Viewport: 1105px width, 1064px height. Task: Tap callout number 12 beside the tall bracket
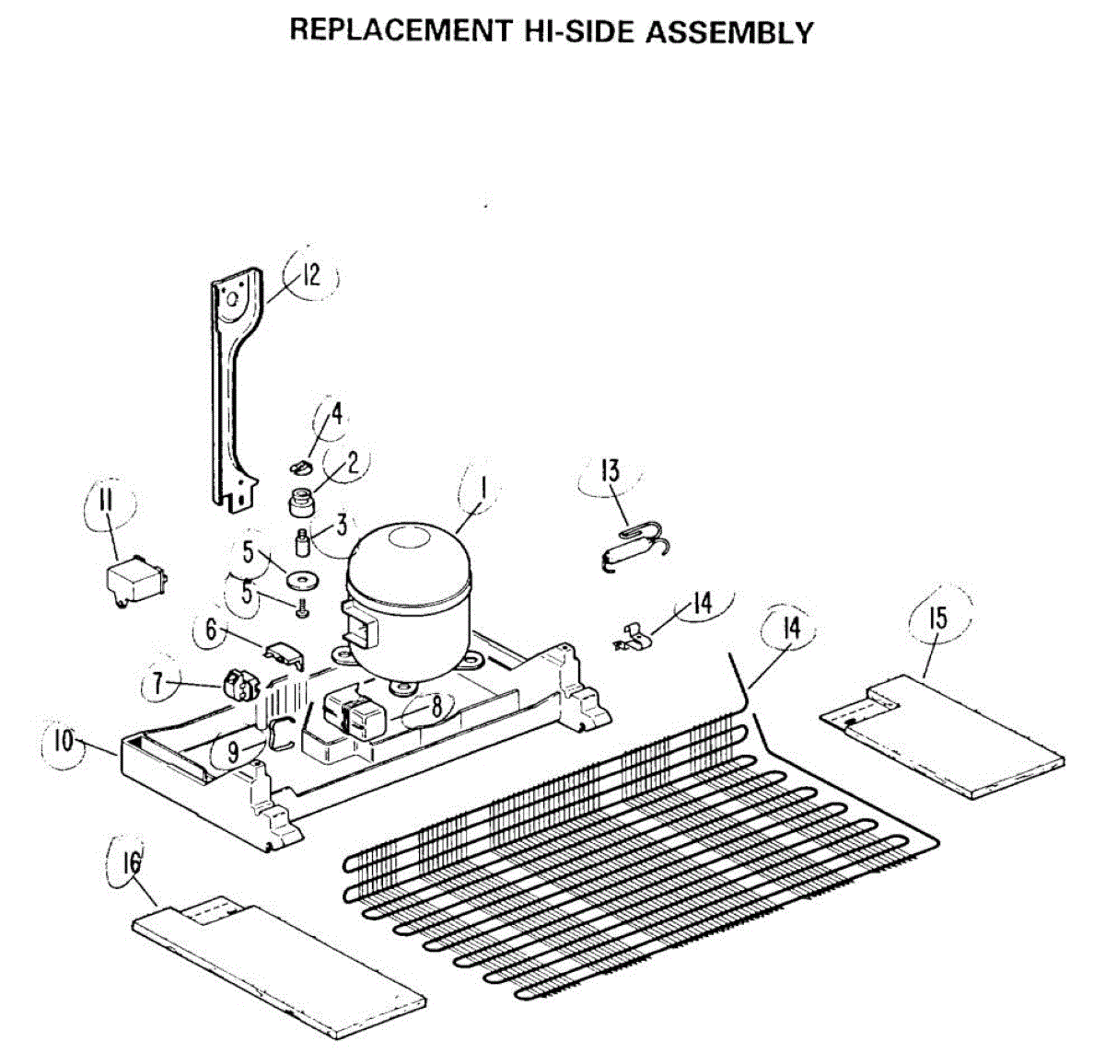coord(310,274)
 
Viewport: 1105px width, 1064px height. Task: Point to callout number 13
coord(610,471)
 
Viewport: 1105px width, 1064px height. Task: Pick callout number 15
coord(937,617)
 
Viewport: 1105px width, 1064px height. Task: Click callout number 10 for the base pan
coord(64,741)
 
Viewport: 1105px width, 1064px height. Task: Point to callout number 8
coord(436,706)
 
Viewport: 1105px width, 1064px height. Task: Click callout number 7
coord(158,684)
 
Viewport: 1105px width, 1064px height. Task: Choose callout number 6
coord(211,630)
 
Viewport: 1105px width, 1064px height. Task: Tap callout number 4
coord(336,413)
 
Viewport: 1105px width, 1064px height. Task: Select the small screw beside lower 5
coord(302,607)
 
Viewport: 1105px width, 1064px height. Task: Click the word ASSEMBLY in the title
coord(729,32)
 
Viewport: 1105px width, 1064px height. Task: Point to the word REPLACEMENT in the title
coord(398,30)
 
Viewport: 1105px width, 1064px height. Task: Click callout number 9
coord(233,752)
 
